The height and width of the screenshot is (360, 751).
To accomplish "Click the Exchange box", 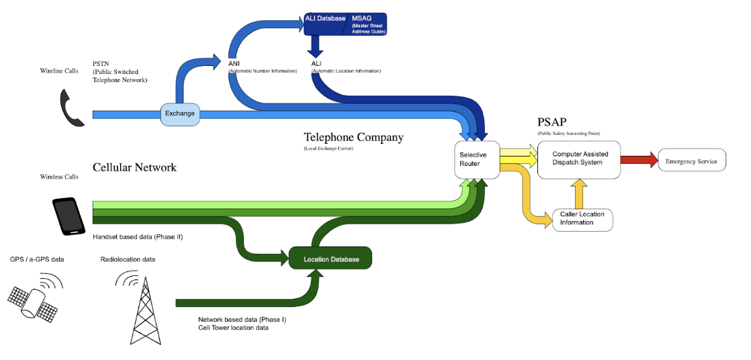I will click(x=180, y=114).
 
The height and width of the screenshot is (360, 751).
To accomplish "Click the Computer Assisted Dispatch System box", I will click(x=578, y=159).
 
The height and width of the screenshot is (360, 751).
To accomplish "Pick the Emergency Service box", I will click(x=691, y=162).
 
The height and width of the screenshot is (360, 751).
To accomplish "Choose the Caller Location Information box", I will click(x=582, y=218).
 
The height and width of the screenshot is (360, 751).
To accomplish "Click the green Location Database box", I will click(x=330, y=259).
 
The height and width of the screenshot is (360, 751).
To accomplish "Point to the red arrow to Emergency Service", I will click(x=639, y=161).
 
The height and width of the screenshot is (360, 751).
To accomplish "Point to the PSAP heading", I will click(x=552, y=123).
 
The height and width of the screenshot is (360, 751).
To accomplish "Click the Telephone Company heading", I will click(x=353, y=138).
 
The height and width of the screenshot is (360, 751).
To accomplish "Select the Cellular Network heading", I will click(x=134, y=167).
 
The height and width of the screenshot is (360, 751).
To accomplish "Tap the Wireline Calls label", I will click(x=59, y=69).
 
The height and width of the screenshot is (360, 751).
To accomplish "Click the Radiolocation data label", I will click(x=128, y=259).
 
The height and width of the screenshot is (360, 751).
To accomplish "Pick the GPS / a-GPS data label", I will click(x=37, y=259).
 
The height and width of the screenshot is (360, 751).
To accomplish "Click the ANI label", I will click(x=234, y=64).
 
